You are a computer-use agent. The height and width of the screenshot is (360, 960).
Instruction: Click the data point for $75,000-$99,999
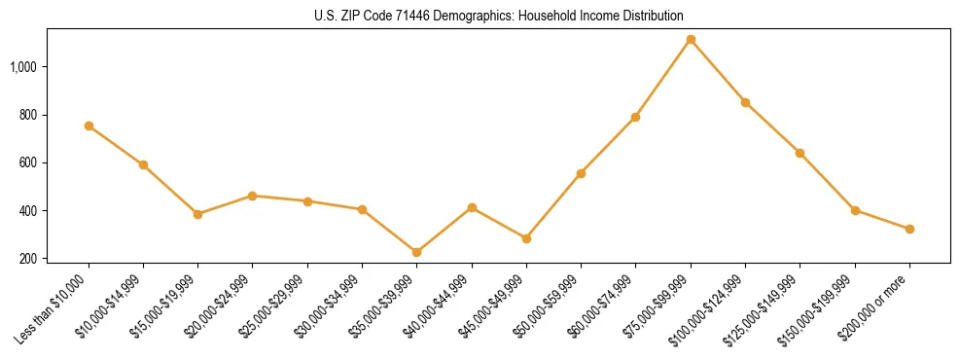[691, 40]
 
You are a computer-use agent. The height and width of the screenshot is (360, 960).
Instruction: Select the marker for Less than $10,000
[89, 126]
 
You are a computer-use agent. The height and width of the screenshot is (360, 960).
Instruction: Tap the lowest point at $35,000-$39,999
[416, 252]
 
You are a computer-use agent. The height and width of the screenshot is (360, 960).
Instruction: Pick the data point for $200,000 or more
[909, 229]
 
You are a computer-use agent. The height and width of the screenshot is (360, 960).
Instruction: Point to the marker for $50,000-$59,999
[581, 173]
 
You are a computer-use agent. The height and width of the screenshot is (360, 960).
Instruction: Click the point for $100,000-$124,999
[745, 102]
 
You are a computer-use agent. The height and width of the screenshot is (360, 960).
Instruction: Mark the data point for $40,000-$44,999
[472, 207]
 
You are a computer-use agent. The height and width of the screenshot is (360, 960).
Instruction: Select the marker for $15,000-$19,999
[198, 214]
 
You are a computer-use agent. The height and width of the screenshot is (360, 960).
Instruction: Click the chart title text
[499, 17]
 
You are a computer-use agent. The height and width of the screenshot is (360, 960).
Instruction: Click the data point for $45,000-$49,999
[526, 238]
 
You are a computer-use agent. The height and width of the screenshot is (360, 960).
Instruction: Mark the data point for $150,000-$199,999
[855, 210]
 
